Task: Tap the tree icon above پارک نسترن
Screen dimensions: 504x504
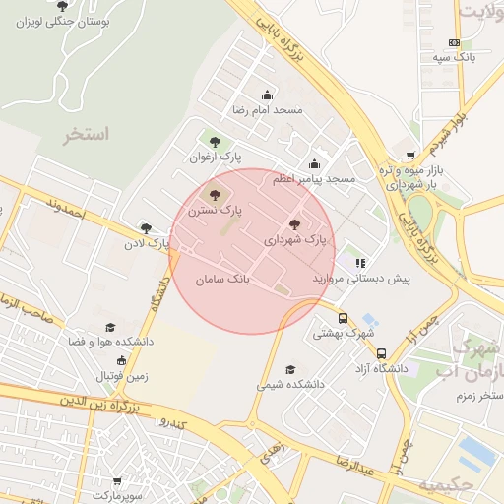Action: click(216, 195)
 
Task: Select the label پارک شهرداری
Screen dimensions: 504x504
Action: click(295, 239)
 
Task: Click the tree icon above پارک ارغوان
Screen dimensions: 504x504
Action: click(215, 142)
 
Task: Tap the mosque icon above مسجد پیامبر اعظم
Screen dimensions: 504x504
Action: click(314, 164)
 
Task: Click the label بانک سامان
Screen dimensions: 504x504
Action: click(223, 280)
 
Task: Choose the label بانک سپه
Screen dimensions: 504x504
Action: click(457, 58)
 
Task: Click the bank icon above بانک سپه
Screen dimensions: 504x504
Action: click(454, 42)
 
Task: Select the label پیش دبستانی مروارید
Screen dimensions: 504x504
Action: click(360, 279)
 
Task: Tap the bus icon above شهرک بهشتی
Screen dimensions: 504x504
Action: click(343, 318)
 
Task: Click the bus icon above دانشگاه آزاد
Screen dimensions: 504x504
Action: click(381, 353)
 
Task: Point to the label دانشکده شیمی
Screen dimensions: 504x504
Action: click(290, 385)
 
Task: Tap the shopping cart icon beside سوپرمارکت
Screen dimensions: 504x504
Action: click(117, 481)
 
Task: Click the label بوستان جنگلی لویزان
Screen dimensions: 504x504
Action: click(63, 21)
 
